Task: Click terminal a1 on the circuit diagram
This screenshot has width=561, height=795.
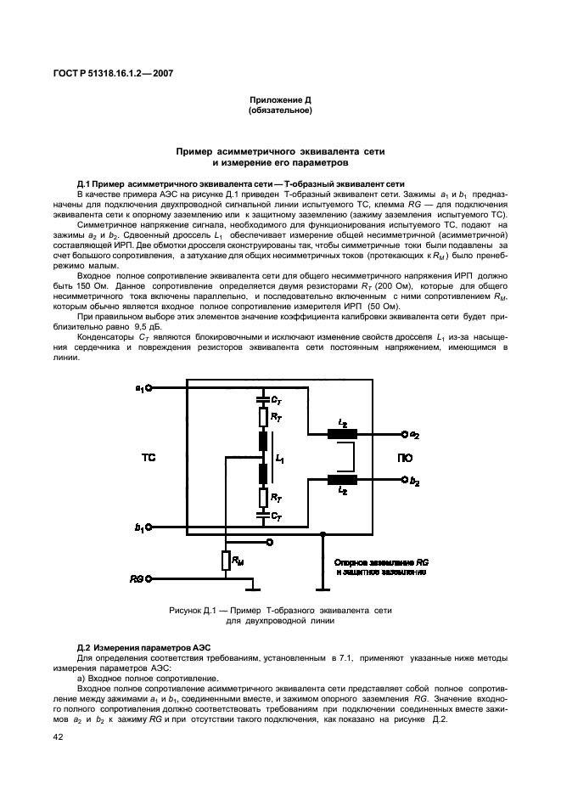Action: tap(149, 388)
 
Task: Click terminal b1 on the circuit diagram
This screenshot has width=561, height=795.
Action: tap(149, 528)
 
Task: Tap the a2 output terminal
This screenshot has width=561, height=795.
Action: tap(403, 435)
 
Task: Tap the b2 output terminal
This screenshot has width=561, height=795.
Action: tap(403, 481)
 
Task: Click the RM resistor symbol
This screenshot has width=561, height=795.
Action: tap(227, 560)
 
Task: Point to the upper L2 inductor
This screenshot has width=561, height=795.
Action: tap(342, 435)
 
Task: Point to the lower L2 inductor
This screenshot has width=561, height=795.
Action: tap(342, 481)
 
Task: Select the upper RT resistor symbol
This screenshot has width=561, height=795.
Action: tap(263, 418)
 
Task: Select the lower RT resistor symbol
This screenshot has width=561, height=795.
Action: tap(263, 496)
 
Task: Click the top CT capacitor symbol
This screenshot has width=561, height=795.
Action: tap(263, 397)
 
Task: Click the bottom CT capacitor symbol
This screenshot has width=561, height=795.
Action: tap(263, 516)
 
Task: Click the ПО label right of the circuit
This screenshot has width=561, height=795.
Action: tap(405, 458)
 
